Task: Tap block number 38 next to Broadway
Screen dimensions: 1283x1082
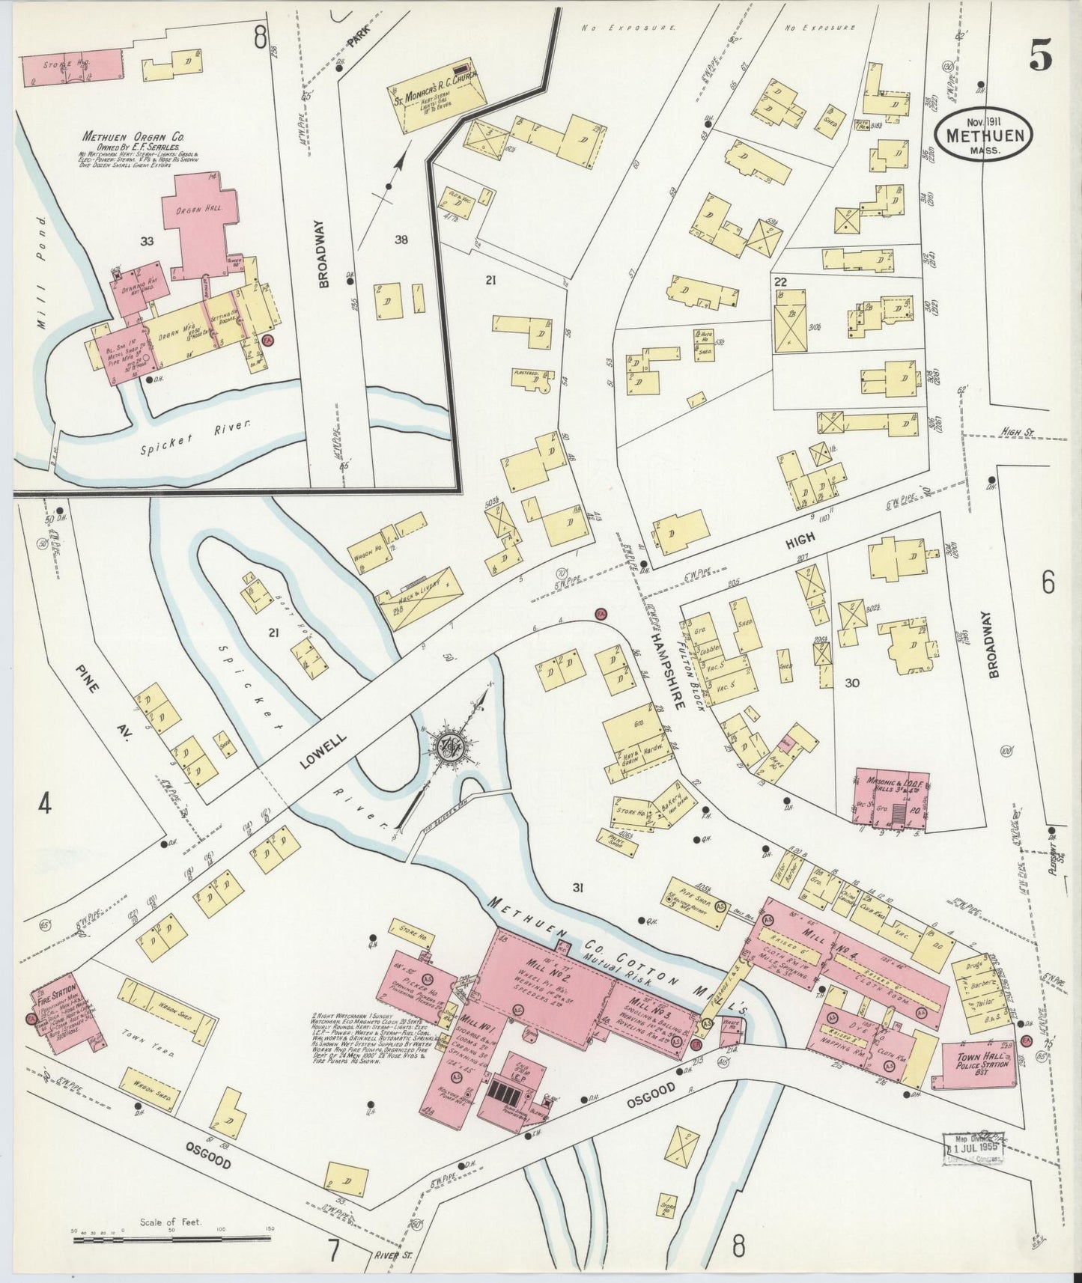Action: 402,240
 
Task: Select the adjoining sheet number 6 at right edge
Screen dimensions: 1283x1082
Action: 1048,582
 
